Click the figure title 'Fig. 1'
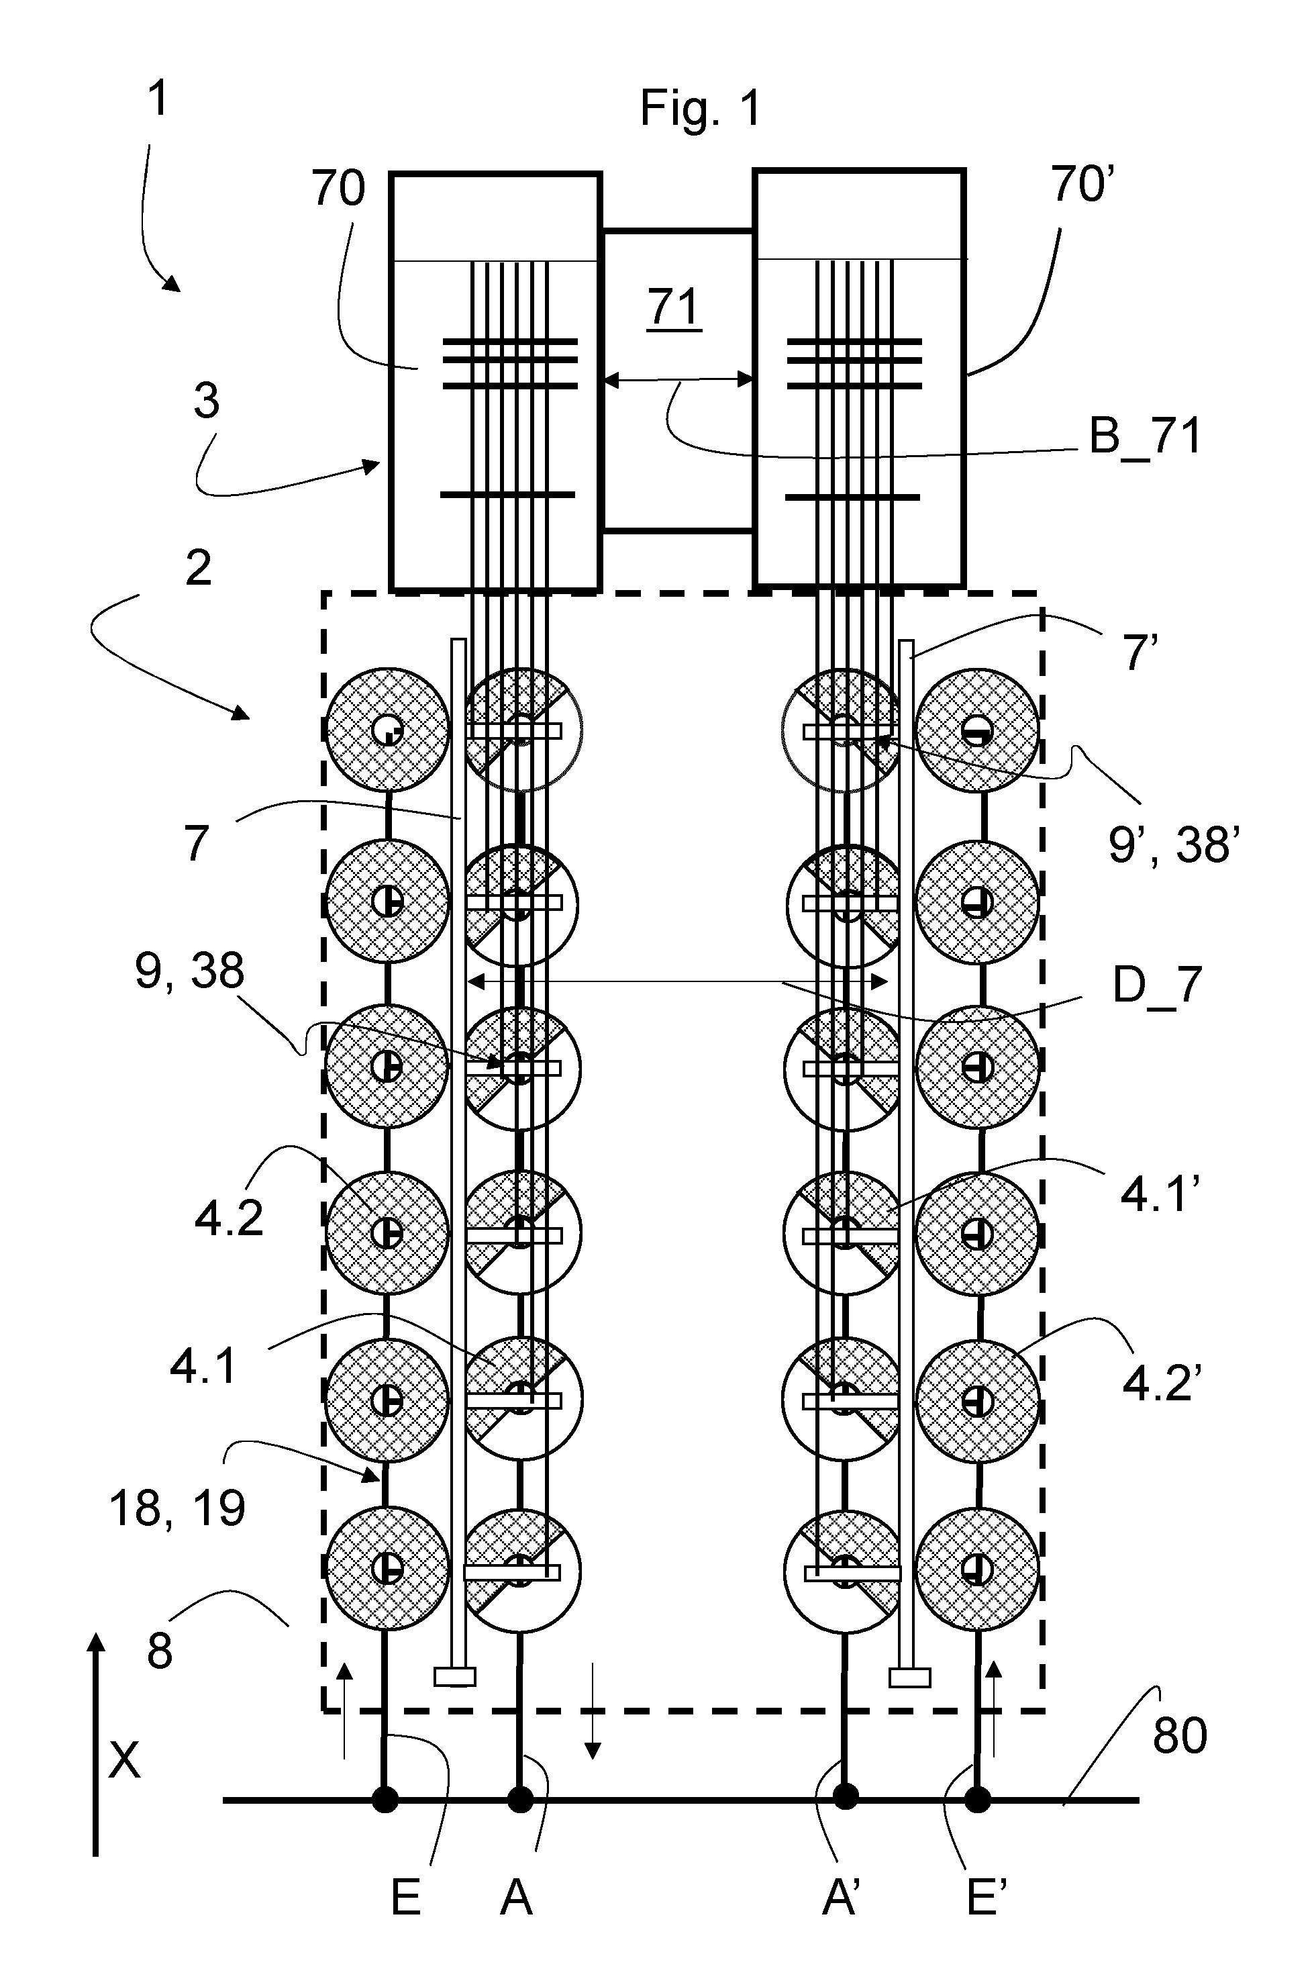click(701, 109)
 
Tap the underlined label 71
click(674, 307)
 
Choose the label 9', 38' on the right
click(1174, 844)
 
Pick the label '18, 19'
click(177, 1509)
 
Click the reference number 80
click(1180, 1736)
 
